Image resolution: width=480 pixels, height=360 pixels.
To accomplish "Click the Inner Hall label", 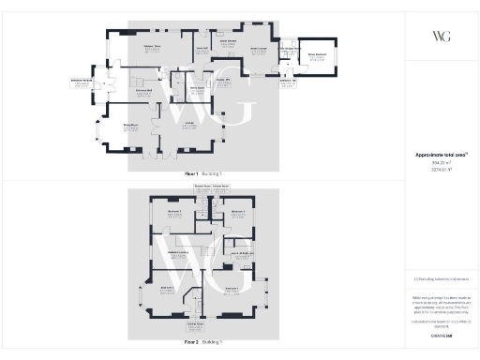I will pyautogui.click(x=201, y=47).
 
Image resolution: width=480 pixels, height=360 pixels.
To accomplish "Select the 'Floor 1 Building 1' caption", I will pyautogui.click(x=203, y=173).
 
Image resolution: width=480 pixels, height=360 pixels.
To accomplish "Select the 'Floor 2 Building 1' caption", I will pyautogui.click(x=203, y=344).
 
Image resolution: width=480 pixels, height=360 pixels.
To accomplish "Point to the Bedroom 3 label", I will pyautogui.click(x=173, y=211).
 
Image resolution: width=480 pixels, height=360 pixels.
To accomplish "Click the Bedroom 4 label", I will pyautogui.click(x=237, y=212).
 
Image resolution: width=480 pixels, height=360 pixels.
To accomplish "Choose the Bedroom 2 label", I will pyautogui.click(x=168, y=289).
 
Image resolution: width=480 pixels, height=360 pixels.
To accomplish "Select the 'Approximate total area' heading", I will pyautogui.click(x=441, y=155).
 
